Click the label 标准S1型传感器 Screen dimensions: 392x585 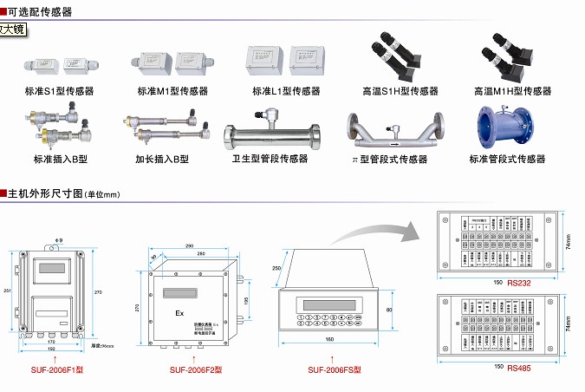(x=59, y=90)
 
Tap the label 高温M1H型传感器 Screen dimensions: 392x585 (x=512, y=91)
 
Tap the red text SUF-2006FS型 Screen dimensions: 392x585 (x=334, y=370)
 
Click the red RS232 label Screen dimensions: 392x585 (x=520, y=282)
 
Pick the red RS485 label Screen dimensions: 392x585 (x=520, y=368)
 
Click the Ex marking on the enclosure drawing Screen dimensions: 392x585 (x=179, y=313)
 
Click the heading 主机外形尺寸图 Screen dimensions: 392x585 (x=43, y=193)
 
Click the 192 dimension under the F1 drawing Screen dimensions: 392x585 (x=52, y=349)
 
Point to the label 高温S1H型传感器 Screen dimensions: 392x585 (x=400, y=91)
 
